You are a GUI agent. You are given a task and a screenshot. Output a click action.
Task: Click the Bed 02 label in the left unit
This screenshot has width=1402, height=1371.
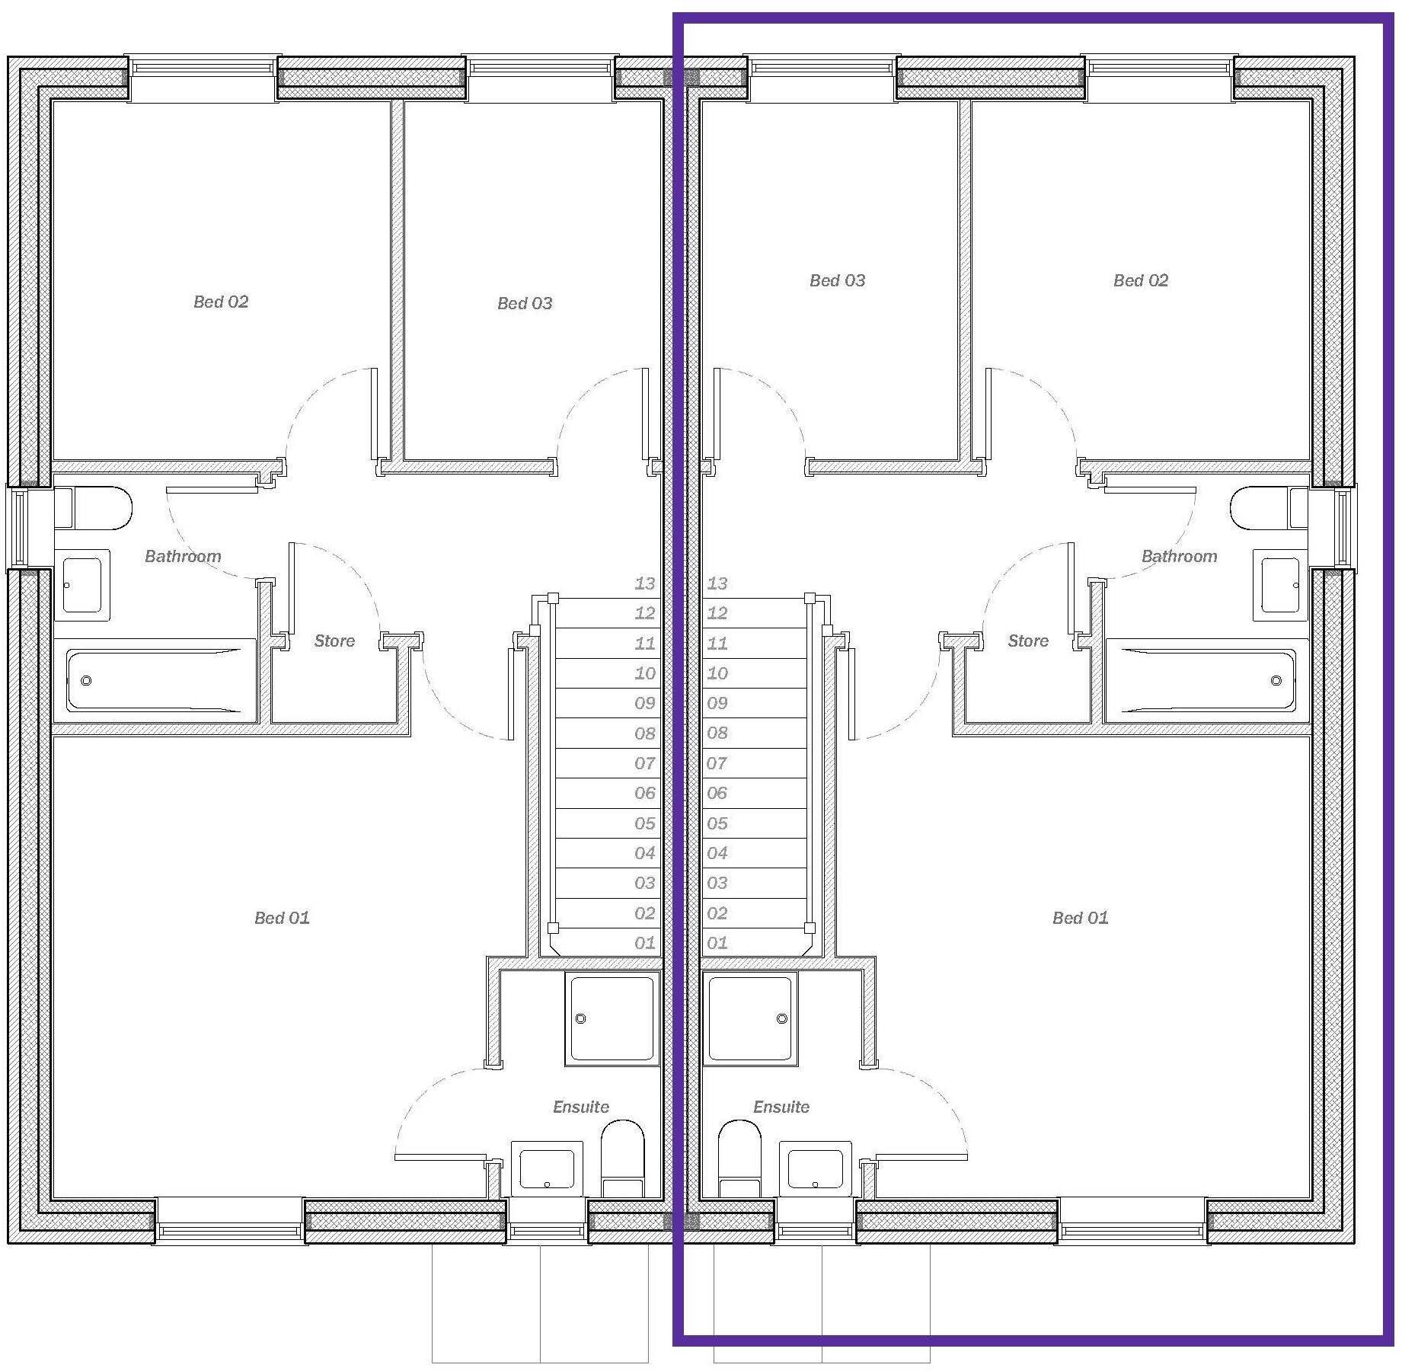(221, 302)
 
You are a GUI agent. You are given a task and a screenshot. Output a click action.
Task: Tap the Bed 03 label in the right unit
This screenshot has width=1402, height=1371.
(837, 280)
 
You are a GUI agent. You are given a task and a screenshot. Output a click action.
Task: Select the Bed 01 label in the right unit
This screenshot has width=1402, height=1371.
(1080, 918)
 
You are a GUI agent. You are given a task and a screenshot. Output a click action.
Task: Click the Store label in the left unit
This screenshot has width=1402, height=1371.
(334, 641)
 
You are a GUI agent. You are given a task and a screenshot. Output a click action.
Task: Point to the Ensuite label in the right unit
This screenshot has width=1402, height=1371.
(781, 1107)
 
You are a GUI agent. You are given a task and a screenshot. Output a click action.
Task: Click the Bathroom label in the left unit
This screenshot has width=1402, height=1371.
(183, 556)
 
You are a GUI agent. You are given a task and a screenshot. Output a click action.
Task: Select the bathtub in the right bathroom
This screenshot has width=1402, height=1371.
(1207, 680)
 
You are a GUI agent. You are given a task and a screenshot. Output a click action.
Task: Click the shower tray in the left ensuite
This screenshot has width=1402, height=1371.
(612, 1018)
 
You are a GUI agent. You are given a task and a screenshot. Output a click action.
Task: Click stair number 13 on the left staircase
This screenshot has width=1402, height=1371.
(644, 583)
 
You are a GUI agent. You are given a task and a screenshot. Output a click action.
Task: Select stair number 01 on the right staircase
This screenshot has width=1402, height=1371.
(717, 943)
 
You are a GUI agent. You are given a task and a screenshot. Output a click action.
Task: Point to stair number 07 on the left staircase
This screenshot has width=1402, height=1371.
(644, 763)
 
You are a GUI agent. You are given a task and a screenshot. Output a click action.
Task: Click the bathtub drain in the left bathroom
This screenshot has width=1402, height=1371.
(86, 680)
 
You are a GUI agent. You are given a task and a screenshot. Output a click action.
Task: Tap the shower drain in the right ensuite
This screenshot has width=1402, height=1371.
(781, 1018)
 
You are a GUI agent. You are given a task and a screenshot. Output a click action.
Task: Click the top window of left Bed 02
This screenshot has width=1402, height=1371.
(203, 68)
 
